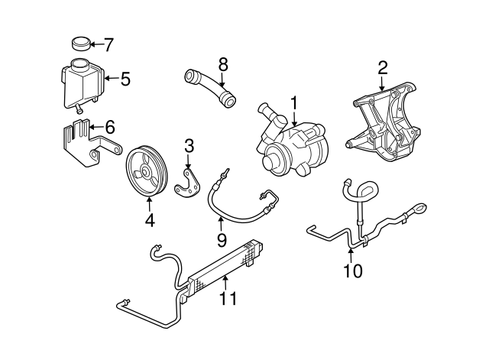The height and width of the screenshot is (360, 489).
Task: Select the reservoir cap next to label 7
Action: (79, 43)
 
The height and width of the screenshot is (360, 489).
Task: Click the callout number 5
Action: (125, 77)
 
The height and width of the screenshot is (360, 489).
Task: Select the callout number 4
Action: (149, 221)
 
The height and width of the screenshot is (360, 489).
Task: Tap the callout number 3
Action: (188, 144)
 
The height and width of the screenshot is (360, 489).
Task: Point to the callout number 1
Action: (293, 102)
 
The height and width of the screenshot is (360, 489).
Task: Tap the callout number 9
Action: (221, 240)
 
